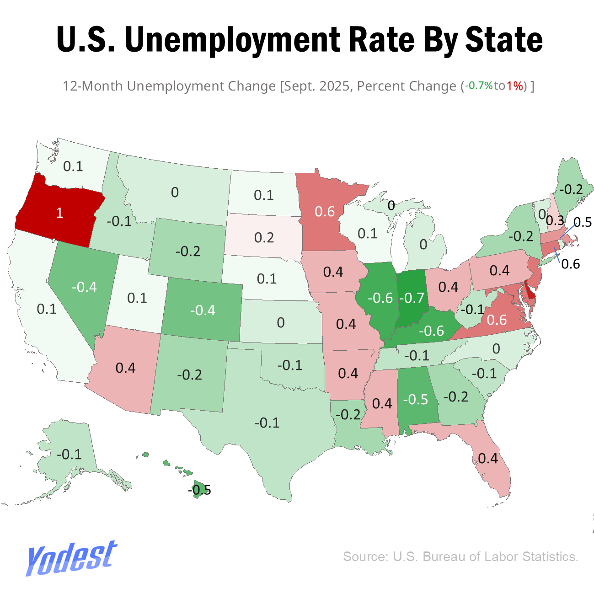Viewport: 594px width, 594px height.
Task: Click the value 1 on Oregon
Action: pos(59,213)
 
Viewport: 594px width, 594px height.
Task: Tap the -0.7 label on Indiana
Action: pos(412,298)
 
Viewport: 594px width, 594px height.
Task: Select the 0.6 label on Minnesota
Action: pos(325,211)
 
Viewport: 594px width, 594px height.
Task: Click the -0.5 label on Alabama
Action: pos(415,399)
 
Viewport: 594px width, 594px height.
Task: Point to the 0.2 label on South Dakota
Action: pos(264,237)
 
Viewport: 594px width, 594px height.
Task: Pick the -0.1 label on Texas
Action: pos(267,423)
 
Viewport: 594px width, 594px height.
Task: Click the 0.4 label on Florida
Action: pos(488,458)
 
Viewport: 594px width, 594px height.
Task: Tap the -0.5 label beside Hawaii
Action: pos(200,490)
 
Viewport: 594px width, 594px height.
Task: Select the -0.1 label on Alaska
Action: pos(69,454)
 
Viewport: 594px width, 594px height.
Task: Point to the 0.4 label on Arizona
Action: pos(125,368)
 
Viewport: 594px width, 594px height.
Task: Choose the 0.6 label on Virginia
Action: pos(497,320)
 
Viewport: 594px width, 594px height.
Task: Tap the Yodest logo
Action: pos(71,557)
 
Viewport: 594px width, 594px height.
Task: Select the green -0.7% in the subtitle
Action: pos(479,86)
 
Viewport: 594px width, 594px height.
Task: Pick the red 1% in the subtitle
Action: pos(515,86)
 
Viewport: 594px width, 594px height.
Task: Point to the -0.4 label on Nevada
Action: pos(85,287)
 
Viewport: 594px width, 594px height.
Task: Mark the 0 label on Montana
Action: pos(175,192)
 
